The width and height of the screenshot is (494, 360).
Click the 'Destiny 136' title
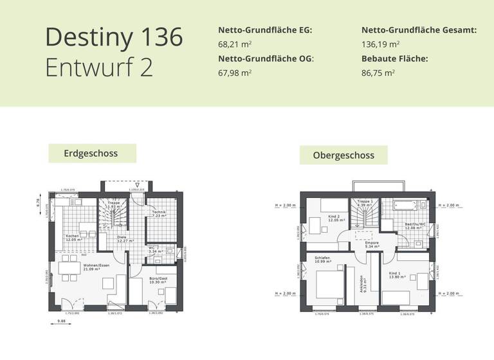tap(114, 37)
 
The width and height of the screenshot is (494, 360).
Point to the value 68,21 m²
tap(235, 44)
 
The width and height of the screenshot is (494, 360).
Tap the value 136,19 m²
tap(380, 44)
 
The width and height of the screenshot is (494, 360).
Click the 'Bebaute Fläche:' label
tap(394, 59)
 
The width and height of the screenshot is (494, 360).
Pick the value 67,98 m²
tap(235, 73)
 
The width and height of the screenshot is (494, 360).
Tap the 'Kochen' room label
tap(72, 236)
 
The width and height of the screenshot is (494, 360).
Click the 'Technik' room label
tap(160, 213)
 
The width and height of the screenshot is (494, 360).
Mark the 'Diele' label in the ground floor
tap(121, 237)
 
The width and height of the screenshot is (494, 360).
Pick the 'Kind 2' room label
tap(334, 217)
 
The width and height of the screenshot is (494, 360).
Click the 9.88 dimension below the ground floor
tap(62, 320)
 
